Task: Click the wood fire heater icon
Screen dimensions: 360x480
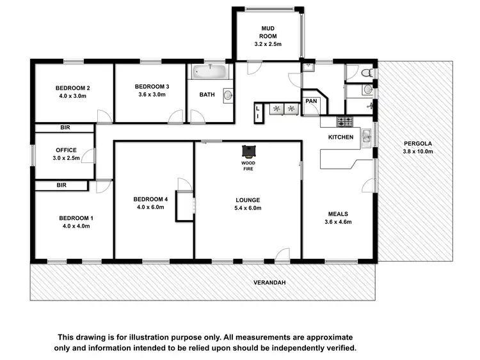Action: coord(248,151)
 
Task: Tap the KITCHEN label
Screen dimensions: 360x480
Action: coord(340,137)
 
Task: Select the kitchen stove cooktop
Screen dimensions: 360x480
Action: coord(345,120)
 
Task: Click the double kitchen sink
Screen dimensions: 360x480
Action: coord(365,135)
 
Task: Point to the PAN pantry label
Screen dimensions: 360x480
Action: coord(312,101)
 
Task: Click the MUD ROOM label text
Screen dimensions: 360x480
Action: coord(268,32)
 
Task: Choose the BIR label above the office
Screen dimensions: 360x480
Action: coord(65,128)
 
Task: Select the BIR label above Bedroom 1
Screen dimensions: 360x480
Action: coord(61,185)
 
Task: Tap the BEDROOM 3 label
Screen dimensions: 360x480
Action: coord(152,86)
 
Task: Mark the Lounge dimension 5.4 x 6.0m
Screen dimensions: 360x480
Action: coord(248,208)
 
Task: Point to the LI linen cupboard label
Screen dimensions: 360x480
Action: coord(258,113)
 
